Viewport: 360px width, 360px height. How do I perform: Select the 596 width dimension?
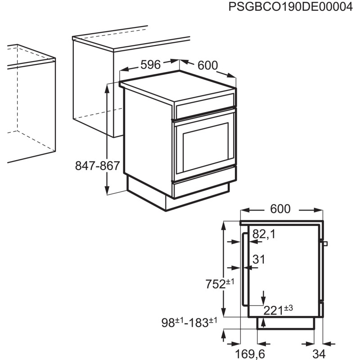pos(150,65)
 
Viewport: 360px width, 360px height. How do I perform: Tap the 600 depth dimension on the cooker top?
pos(207,66)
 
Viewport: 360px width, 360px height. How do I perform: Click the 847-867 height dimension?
pos(97,166)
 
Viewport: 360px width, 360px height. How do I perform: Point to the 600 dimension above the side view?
pos(280,209)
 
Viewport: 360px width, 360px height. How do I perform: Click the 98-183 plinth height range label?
pos(189,322)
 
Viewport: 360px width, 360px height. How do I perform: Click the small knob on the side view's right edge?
pos(325,243)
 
